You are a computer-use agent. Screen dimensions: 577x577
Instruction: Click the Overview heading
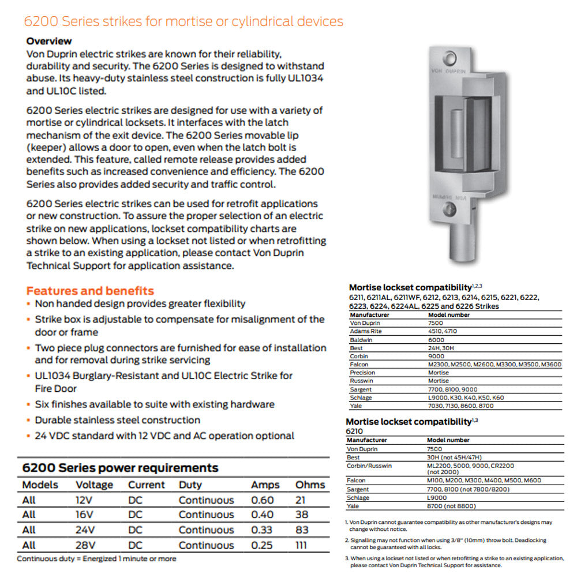tap(49, 41)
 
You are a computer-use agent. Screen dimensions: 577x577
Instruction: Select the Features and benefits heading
tap(90, 291)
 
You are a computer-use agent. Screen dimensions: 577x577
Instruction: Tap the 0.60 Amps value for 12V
tap(263, 500)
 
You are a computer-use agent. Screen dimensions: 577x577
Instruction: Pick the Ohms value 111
tap(301, 545)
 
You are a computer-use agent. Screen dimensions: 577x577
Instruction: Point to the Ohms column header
tap(310, 485)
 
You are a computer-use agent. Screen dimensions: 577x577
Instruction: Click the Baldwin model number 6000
tap(436, 340)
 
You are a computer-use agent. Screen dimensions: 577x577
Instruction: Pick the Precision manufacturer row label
tap(362, 373)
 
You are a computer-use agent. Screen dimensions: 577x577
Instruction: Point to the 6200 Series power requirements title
tap(120, 467)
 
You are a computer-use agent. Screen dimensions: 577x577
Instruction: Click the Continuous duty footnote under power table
tap(96, 559)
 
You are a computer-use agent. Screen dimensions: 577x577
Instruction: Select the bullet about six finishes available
tap(154, 404)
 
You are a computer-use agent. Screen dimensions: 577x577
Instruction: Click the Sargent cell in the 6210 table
tap(358, 489)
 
